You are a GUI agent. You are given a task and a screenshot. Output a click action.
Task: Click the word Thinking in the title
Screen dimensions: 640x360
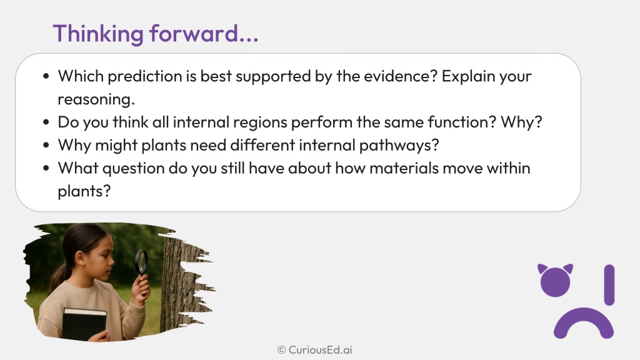(x=98, y=34)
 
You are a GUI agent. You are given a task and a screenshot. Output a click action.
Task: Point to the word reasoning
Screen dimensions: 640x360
(x=96, y=100)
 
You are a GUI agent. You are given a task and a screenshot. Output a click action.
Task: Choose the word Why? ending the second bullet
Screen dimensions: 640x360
(x=521, y=122)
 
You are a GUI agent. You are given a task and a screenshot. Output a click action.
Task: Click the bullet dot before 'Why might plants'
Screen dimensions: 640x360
(x=46, y=145)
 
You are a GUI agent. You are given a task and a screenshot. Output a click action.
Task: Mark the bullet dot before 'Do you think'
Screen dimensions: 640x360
(x=46, y=122)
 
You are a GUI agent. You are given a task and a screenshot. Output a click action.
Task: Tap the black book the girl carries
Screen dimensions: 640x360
(x=84, y=324)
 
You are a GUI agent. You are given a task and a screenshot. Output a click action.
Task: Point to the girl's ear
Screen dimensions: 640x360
(x=79, y=258)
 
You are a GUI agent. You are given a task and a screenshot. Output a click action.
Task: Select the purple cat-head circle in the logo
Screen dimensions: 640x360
(x=555, y=281)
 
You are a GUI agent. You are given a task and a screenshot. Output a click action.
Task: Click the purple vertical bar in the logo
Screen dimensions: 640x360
(x=609, y=285)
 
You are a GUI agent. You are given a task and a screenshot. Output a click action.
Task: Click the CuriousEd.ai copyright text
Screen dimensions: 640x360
(x=315, y=350)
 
